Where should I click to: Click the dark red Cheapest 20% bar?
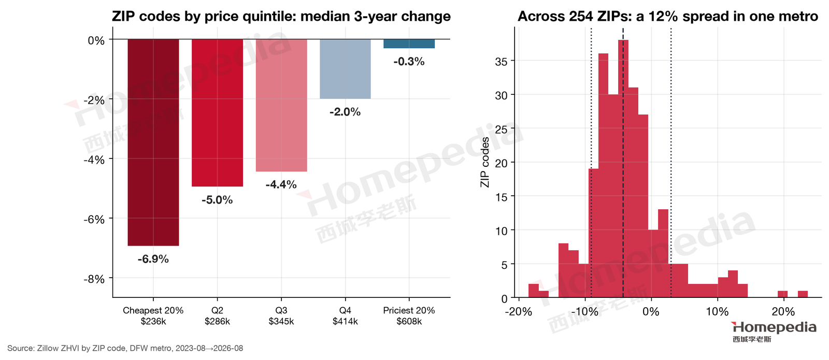(x=153, y=142)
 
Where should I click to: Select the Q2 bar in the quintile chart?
(x=217, y=113)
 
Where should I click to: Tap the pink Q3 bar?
(x=281, y=105)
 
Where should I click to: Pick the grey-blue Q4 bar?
(x=345, y=69)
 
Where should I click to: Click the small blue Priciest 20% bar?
(x=409, y=44)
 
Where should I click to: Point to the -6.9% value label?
(x=153, y=259)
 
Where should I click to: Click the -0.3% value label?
(x=409, y=62)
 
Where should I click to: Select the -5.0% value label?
(x=217, y=200)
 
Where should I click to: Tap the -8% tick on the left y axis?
(x=94, y=279)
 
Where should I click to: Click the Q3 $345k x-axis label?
(x=281, y=315)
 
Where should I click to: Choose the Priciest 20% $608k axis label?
(x=409, y=315)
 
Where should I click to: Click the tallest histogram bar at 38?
(x=623, y=169)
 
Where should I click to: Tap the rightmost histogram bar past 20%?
(x=803, y=294)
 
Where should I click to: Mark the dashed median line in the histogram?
(x=623, y=162)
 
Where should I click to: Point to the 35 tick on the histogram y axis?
(x=502, y=62)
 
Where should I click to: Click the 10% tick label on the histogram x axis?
(x=717, y=312)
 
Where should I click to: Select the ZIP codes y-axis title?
(x=485, y=162)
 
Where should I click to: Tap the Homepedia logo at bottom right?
(x=774, y=332)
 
